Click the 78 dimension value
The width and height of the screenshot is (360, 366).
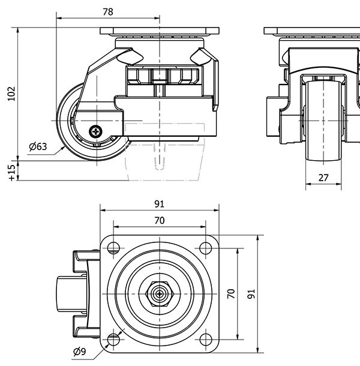[x=108, y=11]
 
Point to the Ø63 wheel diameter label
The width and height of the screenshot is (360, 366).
[x=38, y=146]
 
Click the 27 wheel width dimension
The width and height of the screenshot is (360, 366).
[x=323, y=177]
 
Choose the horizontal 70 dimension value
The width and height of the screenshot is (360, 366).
[x=159, y=221]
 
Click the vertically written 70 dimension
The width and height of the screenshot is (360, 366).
[x=230, y=293]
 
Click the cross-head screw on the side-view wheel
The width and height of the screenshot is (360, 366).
[x=95, y=130]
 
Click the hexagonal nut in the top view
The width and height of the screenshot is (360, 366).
[x=160, y=294]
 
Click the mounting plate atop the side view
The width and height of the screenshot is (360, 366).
[x=159, y=32]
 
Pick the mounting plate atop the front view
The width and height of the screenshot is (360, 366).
[x=312, y=32]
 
